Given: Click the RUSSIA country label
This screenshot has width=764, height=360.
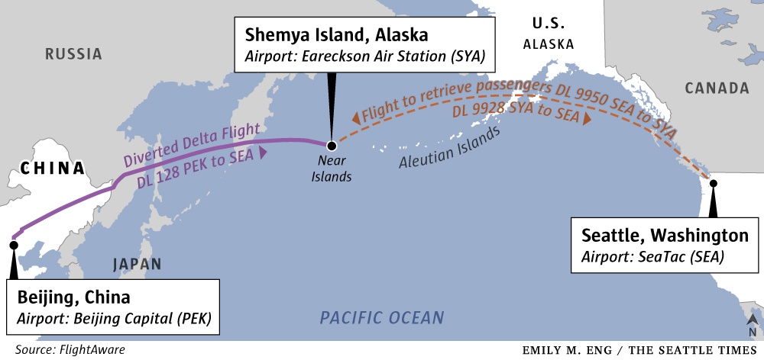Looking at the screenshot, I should pyautogui.click(x=73, y=54).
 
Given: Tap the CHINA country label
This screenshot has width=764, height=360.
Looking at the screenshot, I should pyautogui.click(x=52, y=168).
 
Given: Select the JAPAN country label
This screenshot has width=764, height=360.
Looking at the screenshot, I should pyautogui.click(x=137, y=265).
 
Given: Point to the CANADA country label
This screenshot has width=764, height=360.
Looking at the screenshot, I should pyautogui.click(x=717, y=88).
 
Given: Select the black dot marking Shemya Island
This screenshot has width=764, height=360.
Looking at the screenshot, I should pyautogui.click(x=331, y=146).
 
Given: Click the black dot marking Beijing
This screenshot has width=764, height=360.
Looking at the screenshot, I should pyautogui.click(x=13, y=245).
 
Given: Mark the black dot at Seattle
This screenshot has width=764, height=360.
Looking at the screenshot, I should pyautogui.click(x=713, y=183).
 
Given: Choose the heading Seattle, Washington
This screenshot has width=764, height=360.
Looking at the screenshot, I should pyautogui.click(x=665, y=234).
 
